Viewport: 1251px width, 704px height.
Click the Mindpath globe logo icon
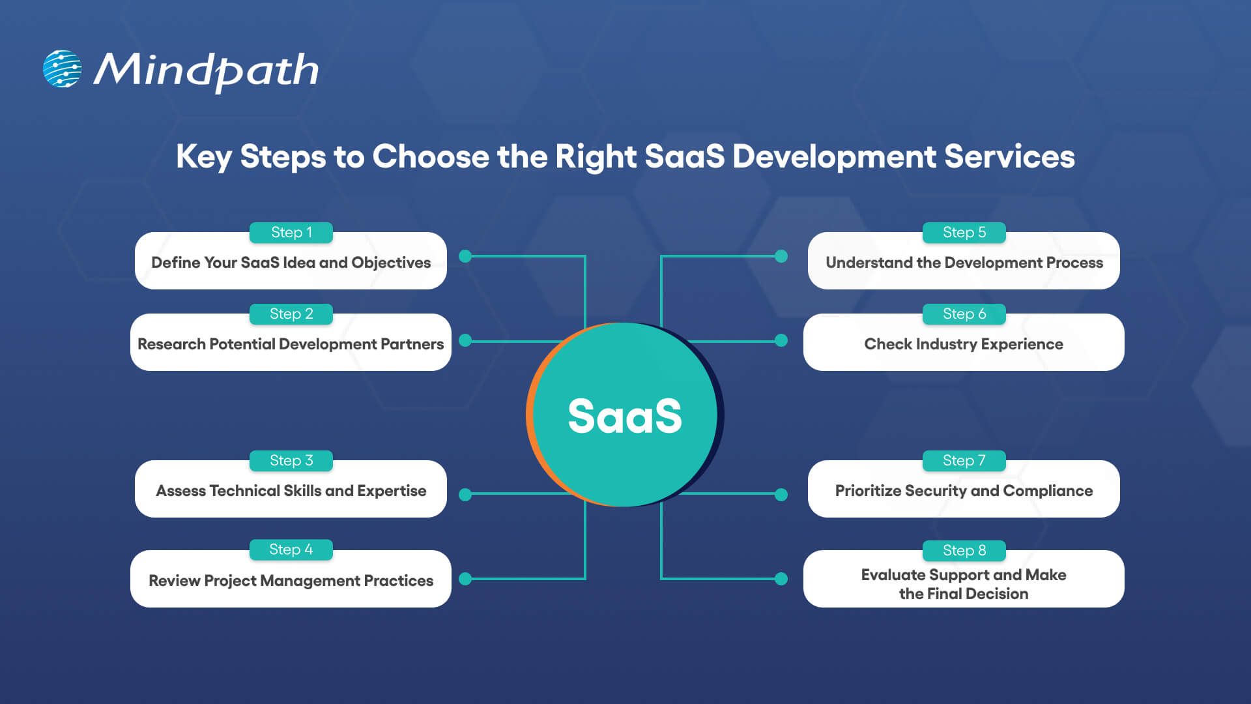pos(62,68)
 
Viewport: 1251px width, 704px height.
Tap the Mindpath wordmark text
pos(206,70)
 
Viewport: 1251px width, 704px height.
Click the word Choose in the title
pos(430,156)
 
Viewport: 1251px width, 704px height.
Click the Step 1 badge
pos(291,233)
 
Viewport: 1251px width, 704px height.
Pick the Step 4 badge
pos(291,550)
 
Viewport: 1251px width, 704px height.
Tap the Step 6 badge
pos(964,314)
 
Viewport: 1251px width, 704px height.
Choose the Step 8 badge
pos(964,551)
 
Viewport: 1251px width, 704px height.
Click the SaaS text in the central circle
pos(624,416)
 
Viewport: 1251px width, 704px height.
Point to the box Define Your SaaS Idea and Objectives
pos(291,263)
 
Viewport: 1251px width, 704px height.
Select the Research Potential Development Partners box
pos(291,344)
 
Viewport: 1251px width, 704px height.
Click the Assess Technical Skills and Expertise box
pos(291,491)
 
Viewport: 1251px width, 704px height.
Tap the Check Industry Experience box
pos(963,344)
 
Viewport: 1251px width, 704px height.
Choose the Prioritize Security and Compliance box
pos(963,491)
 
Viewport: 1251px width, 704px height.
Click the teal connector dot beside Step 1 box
pos(465,256)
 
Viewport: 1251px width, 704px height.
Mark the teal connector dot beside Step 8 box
pos(781,578)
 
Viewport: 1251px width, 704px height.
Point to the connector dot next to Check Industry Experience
pos(781,340)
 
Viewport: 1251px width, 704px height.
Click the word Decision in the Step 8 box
pos(996,594)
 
